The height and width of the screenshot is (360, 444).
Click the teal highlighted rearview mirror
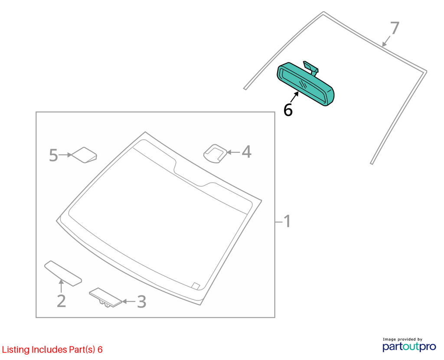click(305, 84)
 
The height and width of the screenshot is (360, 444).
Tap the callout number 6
click(288, 110)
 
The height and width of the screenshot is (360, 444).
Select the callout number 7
click(395, 28)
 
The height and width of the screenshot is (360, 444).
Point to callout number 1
click(287, 221)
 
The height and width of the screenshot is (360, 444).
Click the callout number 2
click(62, 301)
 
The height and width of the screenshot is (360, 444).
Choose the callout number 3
click(142, 301)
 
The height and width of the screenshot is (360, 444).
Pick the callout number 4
click(246, 152)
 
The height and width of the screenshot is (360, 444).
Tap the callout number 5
click(53, 155)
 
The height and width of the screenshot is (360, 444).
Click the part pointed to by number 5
click(84, 155)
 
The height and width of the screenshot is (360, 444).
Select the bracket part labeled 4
click(215, 154)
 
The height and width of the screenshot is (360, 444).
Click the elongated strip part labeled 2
click(63, 273)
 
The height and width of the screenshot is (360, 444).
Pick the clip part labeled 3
click(105, 298)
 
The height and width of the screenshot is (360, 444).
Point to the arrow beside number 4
click(233, 152)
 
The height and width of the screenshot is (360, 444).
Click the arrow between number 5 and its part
click(65, 155)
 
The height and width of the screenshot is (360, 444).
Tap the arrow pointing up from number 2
click(61, 286)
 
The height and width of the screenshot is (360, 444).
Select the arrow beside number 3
click(129, 301)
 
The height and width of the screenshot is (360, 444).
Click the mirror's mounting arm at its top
click(311, 68)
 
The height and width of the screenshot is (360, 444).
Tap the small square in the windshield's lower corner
click(196, 285)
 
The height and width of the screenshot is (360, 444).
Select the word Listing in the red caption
click(16, 350)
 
